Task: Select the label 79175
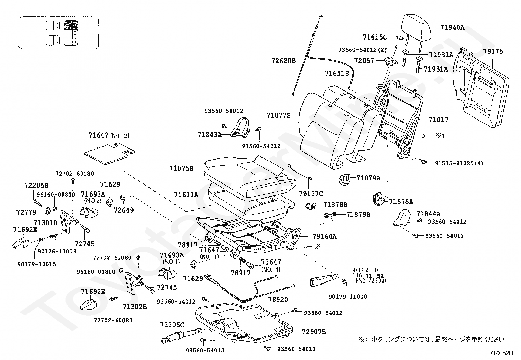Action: click(493, 52)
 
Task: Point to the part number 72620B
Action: click(283, 61)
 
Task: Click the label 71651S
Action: click(337, 74)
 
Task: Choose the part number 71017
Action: click(438, 120)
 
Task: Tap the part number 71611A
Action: click(186, 195)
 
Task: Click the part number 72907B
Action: click(314, 332)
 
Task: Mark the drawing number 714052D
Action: click(501, 353)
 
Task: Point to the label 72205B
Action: click(36, 186)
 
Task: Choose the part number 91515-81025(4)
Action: click(459, 163)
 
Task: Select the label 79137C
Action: click(311, 194)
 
